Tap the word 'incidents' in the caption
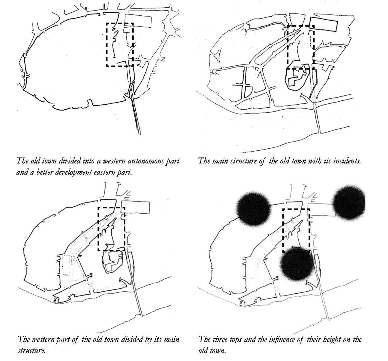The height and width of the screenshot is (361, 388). (x=346, y=161)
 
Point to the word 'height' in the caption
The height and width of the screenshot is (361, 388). (x=317, y=339)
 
